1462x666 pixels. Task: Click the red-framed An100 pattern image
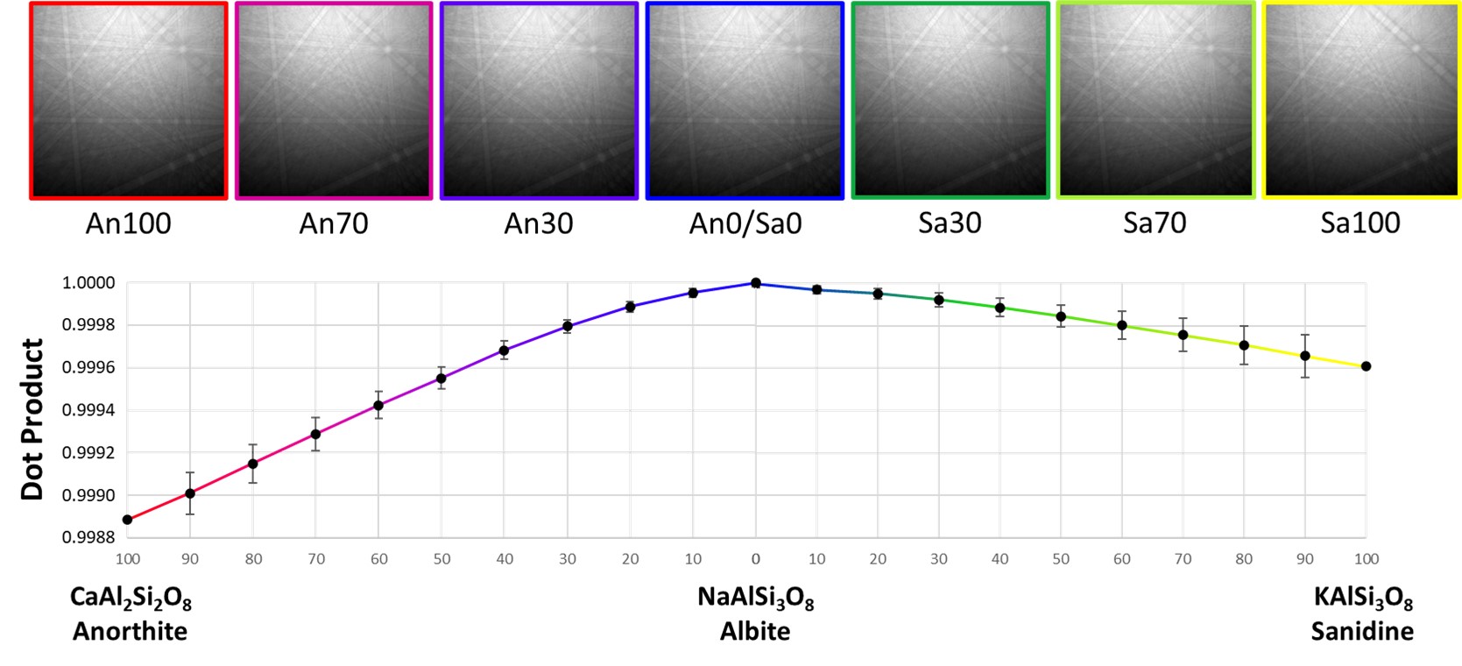pos(129,101)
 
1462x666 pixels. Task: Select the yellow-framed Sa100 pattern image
pos(1361,101)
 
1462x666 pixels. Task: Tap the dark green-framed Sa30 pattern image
pos(950,101)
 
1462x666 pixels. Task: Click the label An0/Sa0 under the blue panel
pos(745,223)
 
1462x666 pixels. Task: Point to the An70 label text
pos(334,223)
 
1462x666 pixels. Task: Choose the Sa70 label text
pos(1155,223)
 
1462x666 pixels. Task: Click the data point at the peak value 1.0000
pos(755,283)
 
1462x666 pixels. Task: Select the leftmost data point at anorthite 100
pos(128,520)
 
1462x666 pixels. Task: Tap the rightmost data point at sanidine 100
pos(1366,366)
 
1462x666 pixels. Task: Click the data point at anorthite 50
pos(441,379)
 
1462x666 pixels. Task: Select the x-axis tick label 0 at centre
pos(755,559)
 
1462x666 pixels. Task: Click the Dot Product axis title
pos(32,419)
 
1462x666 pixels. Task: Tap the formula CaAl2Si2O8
pos(131,599)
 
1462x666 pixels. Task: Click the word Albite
pos(755,631)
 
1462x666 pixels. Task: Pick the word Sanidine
pos(1362,631)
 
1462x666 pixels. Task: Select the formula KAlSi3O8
pos(1363,599)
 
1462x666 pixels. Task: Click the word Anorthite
pos(130,631)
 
